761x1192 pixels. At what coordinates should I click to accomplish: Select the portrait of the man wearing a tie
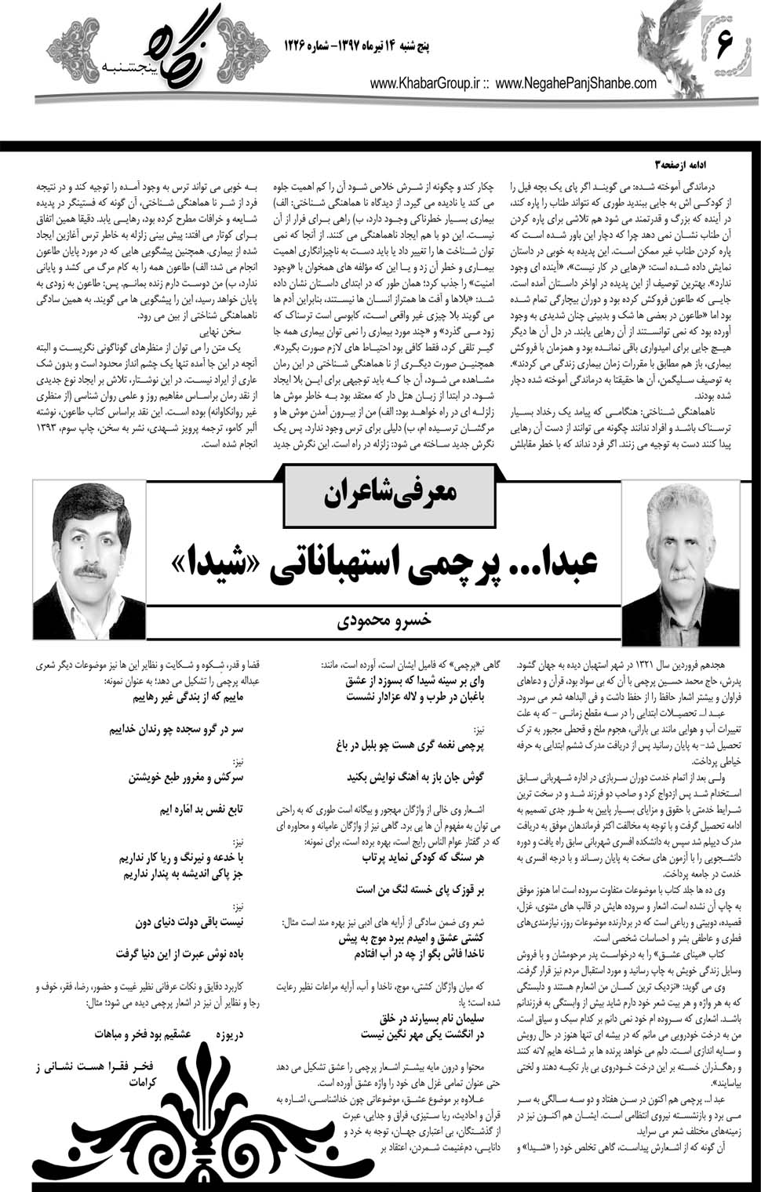click(x=90, y=558)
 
